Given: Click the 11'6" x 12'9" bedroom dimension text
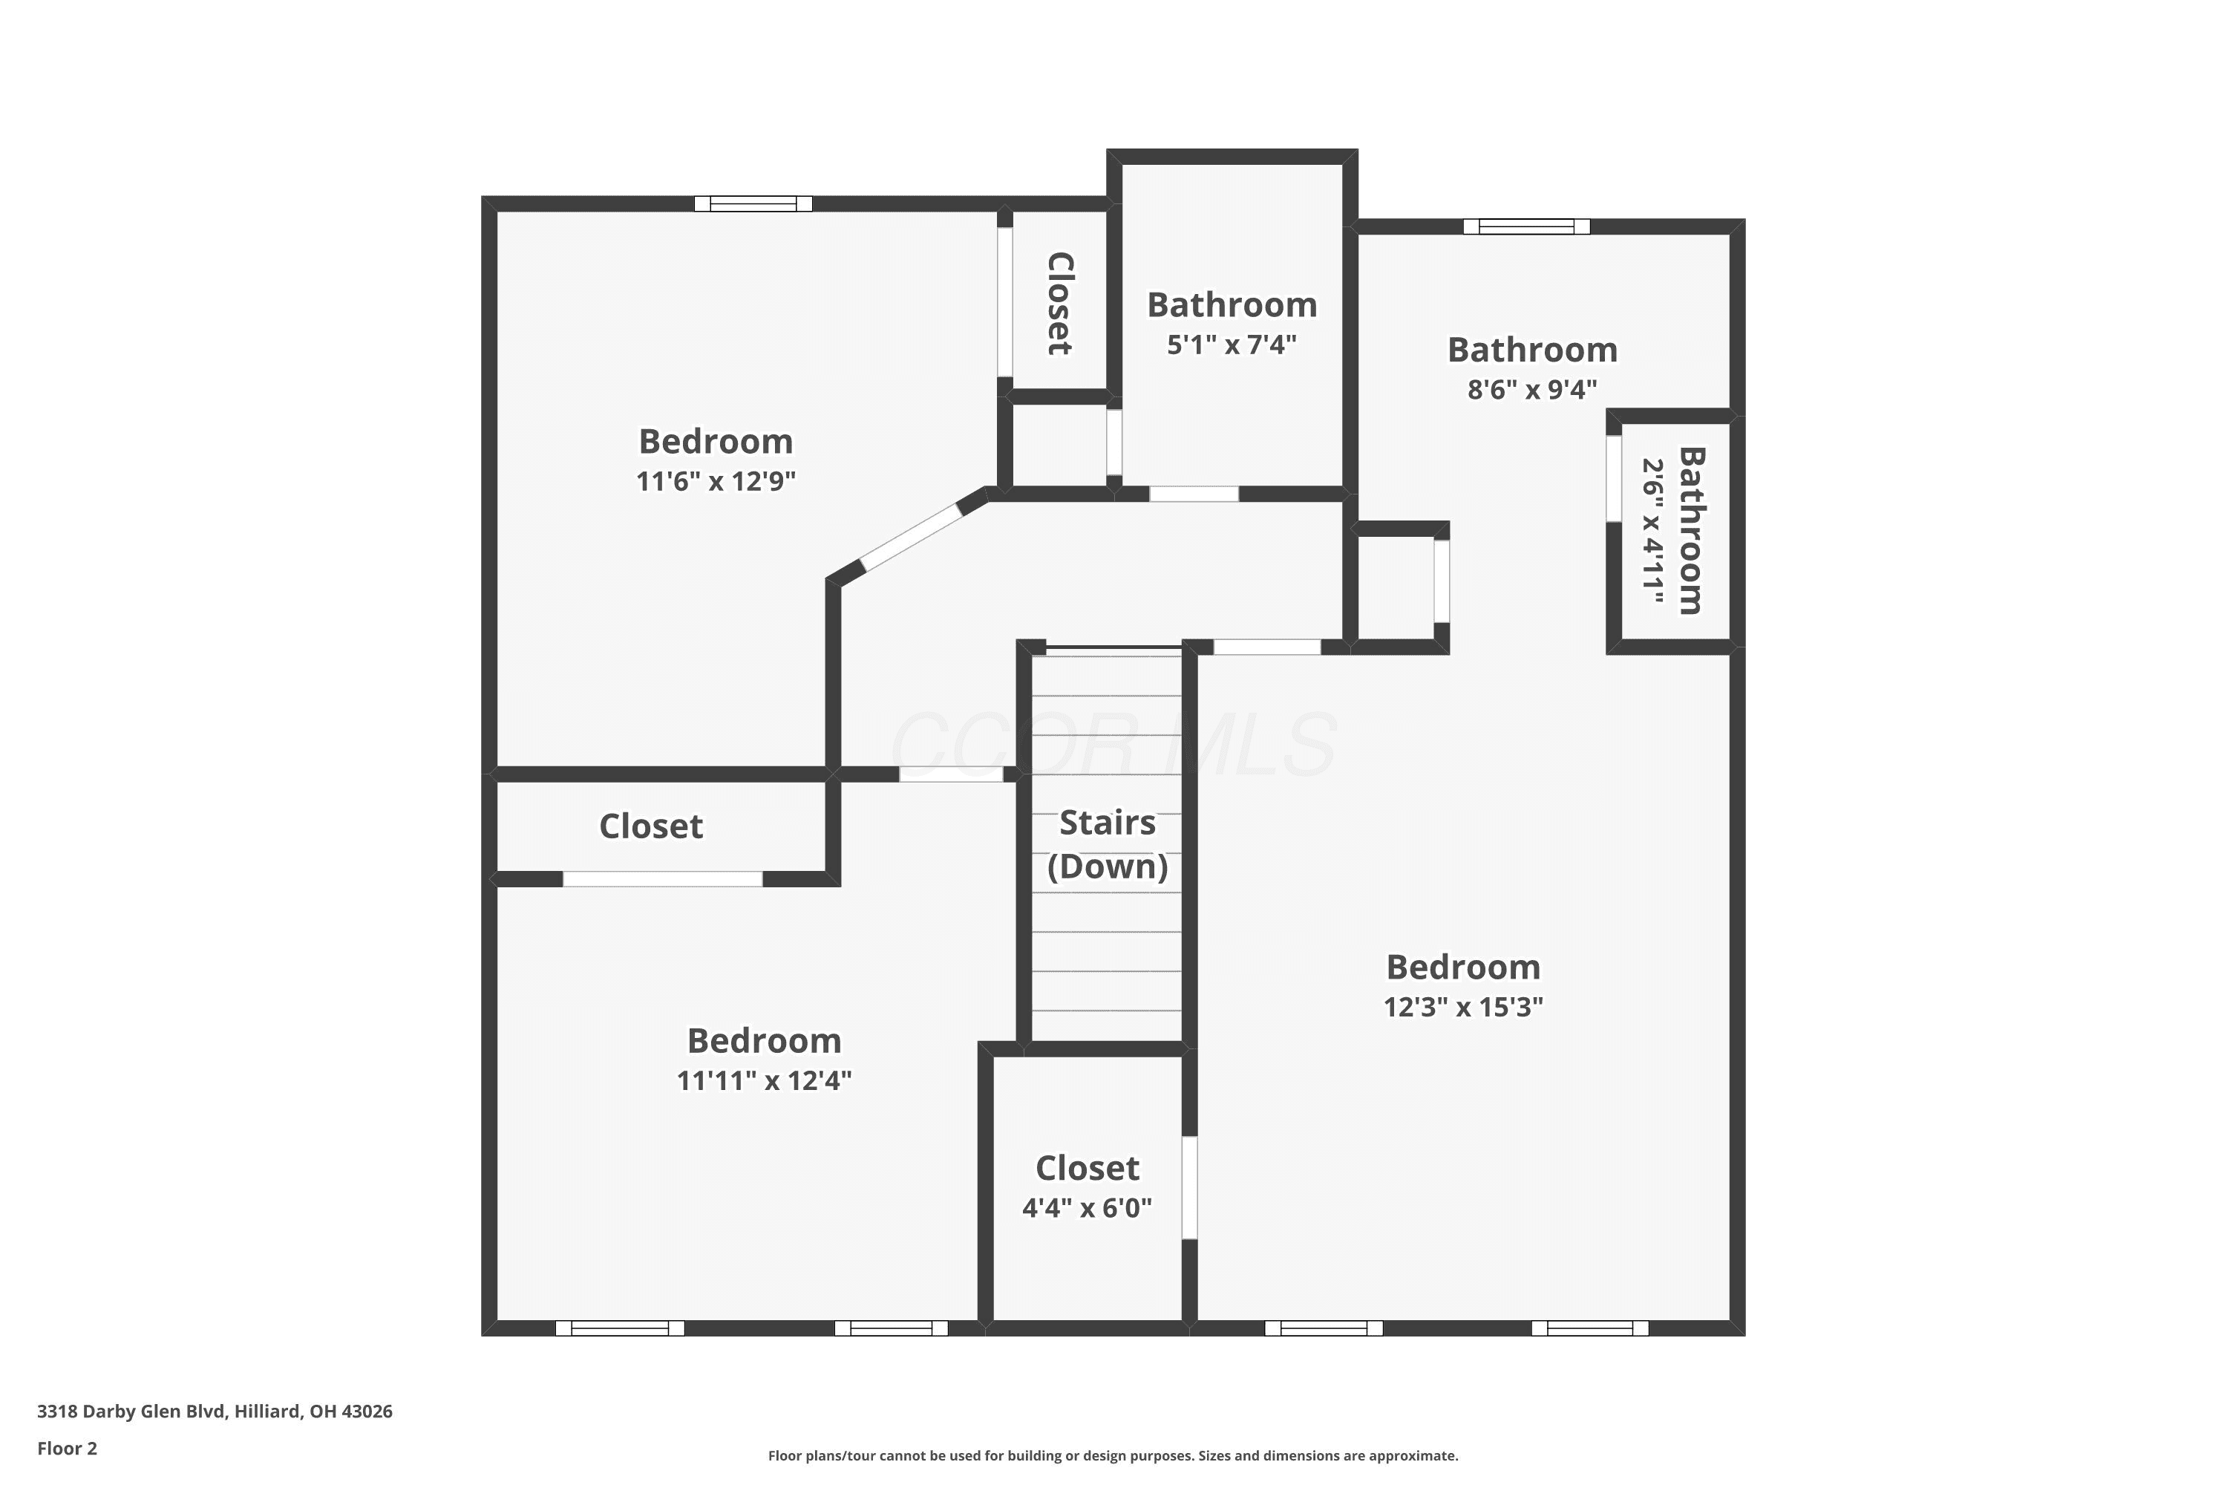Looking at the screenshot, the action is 716,481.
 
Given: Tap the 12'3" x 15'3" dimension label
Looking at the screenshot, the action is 1463,1007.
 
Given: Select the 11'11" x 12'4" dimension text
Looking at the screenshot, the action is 764,1080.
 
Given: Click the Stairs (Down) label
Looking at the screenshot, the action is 1107,845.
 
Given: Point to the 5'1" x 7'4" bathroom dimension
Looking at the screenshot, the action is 1231,345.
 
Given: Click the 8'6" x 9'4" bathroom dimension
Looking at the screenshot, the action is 1532,389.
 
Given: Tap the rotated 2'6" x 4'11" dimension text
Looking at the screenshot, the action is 1652,532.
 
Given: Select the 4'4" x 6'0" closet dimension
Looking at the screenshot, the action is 1087,1207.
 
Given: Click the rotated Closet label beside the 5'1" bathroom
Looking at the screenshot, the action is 1059,303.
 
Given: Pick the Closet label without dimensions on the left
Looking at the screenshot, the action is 652,826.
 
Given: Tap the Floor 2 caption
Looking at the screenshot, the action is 68,1448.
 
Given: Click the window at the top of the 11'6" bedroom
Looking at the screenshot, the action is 753,203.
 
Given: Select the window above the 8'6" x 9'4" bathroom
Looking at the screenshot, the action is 1526,226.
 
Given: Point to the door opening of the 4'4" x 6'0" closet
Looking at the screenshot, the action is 1189,1187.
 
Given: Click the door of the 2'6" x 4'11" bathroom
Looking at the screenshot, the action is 1613,478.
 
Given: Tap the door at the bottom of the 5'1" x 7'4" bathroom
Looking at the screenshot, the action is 1194,494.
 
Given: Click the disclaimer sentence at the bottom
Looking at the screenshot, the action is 1113,1455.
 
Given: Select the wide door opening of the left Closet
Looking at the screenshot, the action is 663,879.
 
